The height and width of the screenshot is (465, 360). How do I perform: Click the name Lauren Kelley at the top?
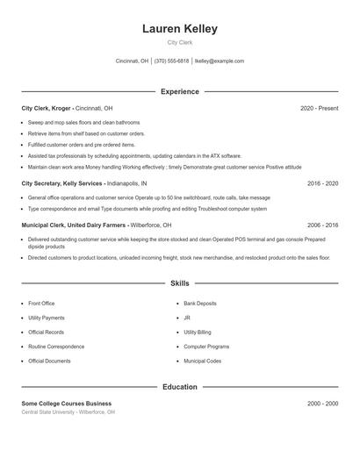(179, 29)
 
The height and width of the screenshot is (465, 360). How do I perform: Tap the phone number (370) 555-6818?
(171, 61)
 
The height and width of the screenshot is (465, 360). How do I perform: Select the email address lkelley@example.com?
(219, 61)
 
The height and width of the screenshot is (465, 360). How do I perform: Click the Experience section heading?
(179, 91)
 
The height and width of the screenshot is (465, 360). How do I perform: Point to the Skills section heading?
(179, 283)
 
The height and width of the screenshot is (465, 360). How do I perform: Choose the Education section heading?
(179, 386)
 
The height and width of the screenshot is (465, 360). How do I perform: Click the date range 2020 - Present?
(319, 108)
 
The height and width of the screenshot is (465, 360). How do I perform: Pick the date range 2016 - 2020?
(322, 184)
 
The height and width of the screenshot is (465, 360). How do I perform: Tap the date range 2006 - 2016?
(322, 225)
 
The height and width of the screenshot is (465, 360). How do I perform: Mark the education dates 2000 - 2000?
(322, 403)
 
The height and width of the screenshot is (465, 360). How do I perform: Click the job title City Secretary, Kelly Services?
(62, 184)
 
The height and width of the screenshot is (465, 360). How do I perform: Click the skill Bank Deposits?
(200, 304)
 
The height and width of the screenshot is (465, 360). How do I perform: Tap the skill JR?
(187, 318)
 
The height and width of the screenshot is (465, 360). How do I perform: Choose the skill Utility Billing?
(198, 333)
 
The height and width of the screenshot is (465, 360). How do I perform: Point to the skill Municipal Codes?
(202, 361)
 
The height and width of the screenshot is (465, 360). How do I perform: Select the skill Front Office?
(41, 304)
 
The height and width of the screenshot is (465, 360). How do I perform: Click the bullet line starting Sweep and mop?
(83, 123)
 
